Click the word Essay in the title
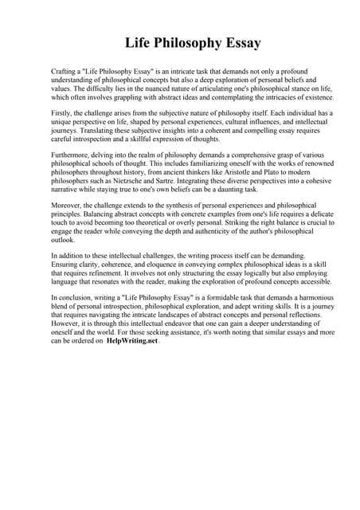(238, 42)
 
